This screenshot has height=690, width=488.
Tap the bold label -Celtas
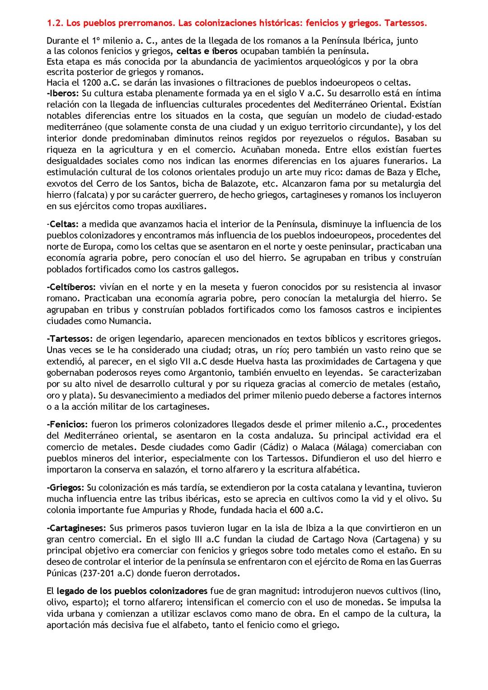pos(63,224)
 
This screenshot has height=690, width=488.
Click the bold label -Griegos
pos(66,488)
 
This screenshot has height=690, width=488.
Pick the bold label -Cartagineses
pos(76,528)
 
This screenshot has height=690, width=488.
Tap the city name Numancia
pos(129,321)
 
